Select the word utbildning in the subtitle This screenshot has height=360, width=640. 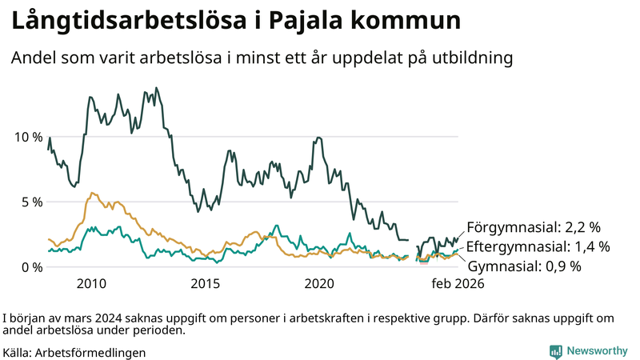[x=473, y=58]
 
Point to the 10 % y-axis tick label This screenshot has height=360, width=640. [x=29, y=137]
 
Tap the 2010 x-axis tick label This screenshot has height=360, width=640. [x=91, y=283]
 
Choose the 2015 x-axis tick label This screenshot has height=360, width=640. [x=206, y=283]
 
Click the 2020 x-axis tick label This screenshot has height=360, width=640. [x=320, y=283]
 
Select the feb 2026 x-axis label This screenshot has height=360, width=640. [x=458, y=283]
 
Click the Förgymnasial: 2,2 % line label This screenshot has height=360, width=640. [x=533, y=227]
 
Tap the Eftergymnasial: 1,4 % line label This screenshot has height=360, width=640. [x=538, y=246]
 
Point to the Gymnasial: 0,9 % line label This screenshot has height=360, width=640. [x=524, y=266]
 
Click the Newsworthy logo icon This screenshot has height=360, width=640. [x=555, y=351]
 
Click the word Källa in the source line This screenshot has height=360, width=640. [x=18, y=352]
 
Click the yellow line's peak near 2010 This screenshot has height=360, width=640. [x=93, y=193]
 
